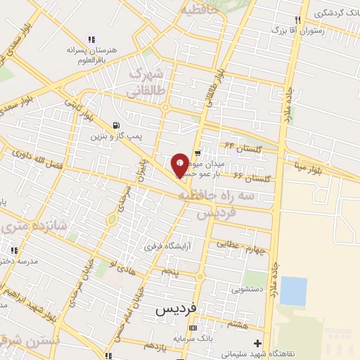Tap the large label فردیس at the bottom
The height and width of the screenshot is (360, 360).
pos(174,309)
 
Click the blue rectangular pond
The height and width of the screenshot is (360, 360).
pos(293,291)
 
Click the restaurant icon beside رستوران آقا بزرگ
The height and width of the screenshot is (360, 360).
pos(298,20)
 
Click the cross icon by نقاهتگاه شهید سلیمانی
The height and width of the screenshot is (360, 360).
pos(258,343)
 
